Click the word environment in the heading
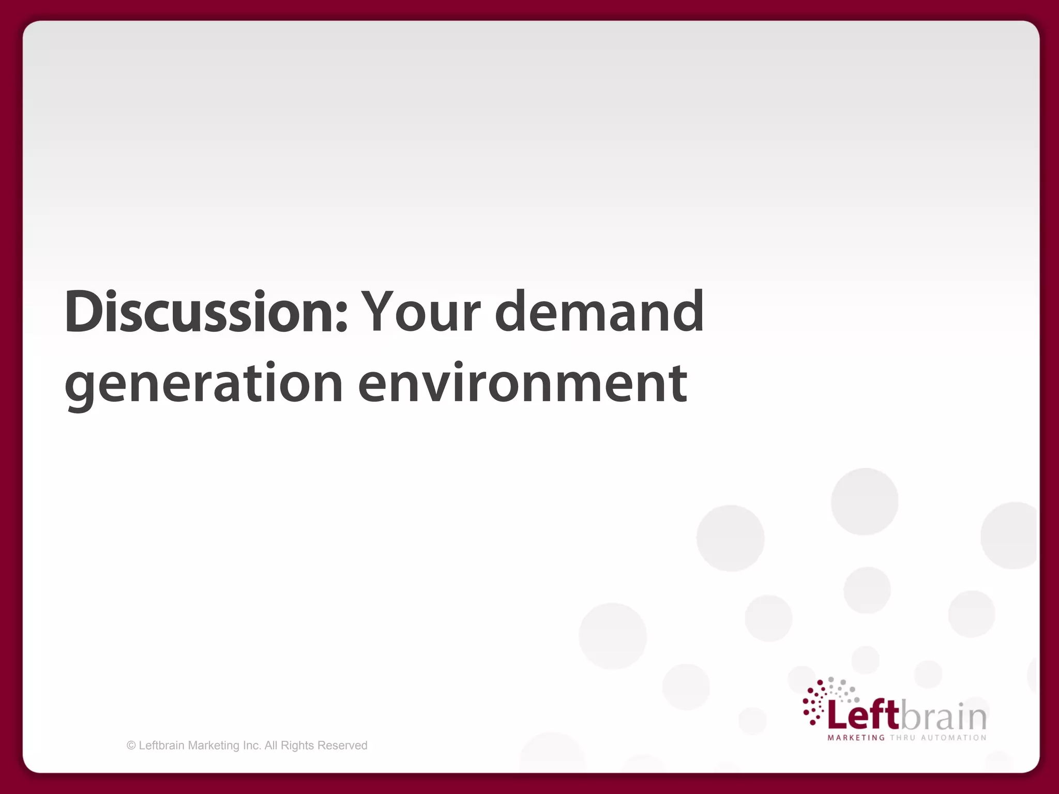click(x=522, y=384)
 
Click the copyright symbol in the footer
click(x=131, y=745)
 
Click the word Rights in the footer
click(x=297, y=745)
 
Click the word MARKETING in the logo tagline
click(x=856, y=738)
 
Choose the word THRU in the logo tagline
click(x=902, y=738)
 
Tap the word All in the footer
click(x=271, y=745)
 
